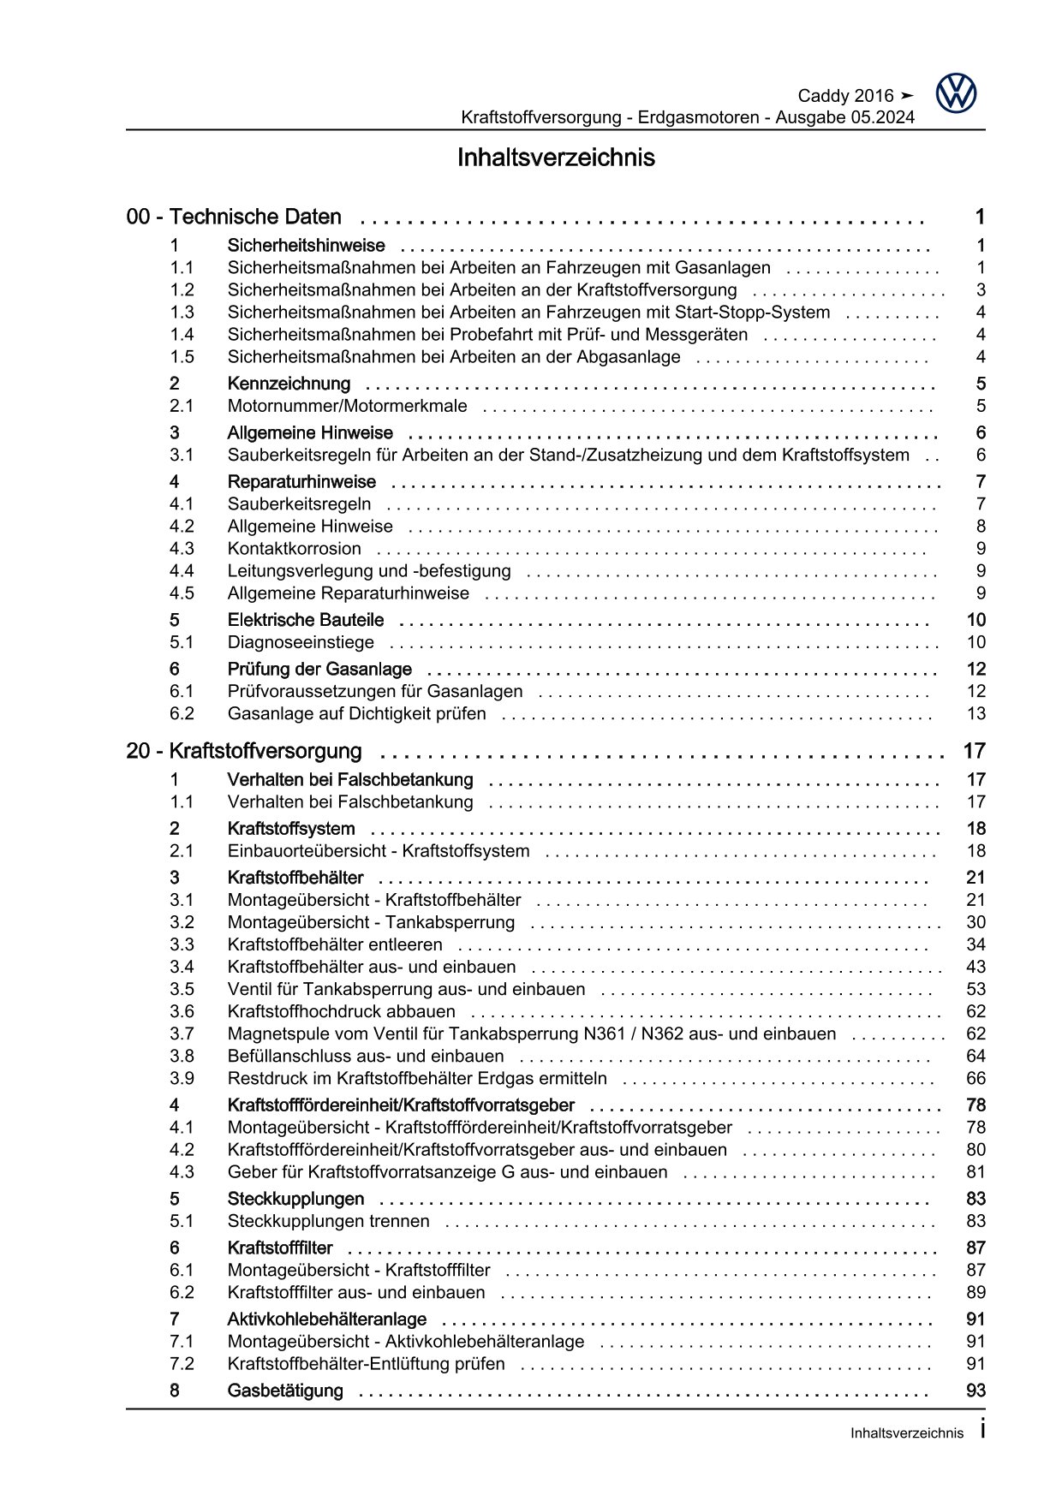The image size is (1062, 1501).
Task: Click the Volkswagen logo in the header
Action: pos(955,93)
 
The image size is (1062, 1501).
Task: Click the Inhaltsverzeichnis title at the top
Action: pos(556,158)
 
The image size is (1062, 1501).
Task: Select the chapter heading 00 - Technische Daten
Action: pos(234,217)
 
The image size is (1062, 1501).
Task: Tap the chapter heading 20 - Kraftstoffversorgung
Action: pos(244,752)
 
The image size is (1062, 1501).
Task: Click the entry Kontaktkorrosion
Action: pos(294,549)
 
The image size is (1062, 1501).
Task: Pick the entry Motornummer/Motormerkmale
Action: pos(347,406)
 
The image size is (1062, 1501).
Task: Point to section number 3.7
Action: pos(182,1034)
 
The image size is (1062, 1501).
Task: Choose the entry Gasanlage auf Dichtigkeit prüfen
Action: pos(356,714)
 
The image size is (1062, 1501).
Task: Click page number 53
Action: pos(975,990)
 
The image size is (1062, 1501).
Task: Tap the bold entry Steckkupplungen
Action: pos(295,1200)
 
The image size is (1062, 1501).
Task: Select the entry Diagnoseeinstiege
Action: pos(301,642)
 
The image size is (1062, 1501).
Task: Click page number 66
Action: pos(975,1079)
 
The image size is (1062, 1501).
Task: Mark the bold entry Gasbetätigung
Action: pos(285,1391)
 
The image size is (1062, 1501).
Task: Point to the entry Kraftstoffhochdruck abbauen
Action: pos(341,1012)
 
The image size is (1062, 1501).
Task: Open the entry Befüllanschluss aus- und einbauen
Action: pos(366,1057)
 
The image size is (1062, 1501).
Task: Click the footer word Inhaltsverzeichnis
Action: pos(907,1433)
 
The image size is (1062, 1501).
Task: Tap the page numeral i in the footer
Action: pos(982,1430)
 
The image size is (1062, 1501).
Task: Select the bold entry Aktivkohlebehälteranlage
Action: pos(326,1319)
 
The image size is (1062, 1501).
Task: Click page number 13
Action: pos(975,714)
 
